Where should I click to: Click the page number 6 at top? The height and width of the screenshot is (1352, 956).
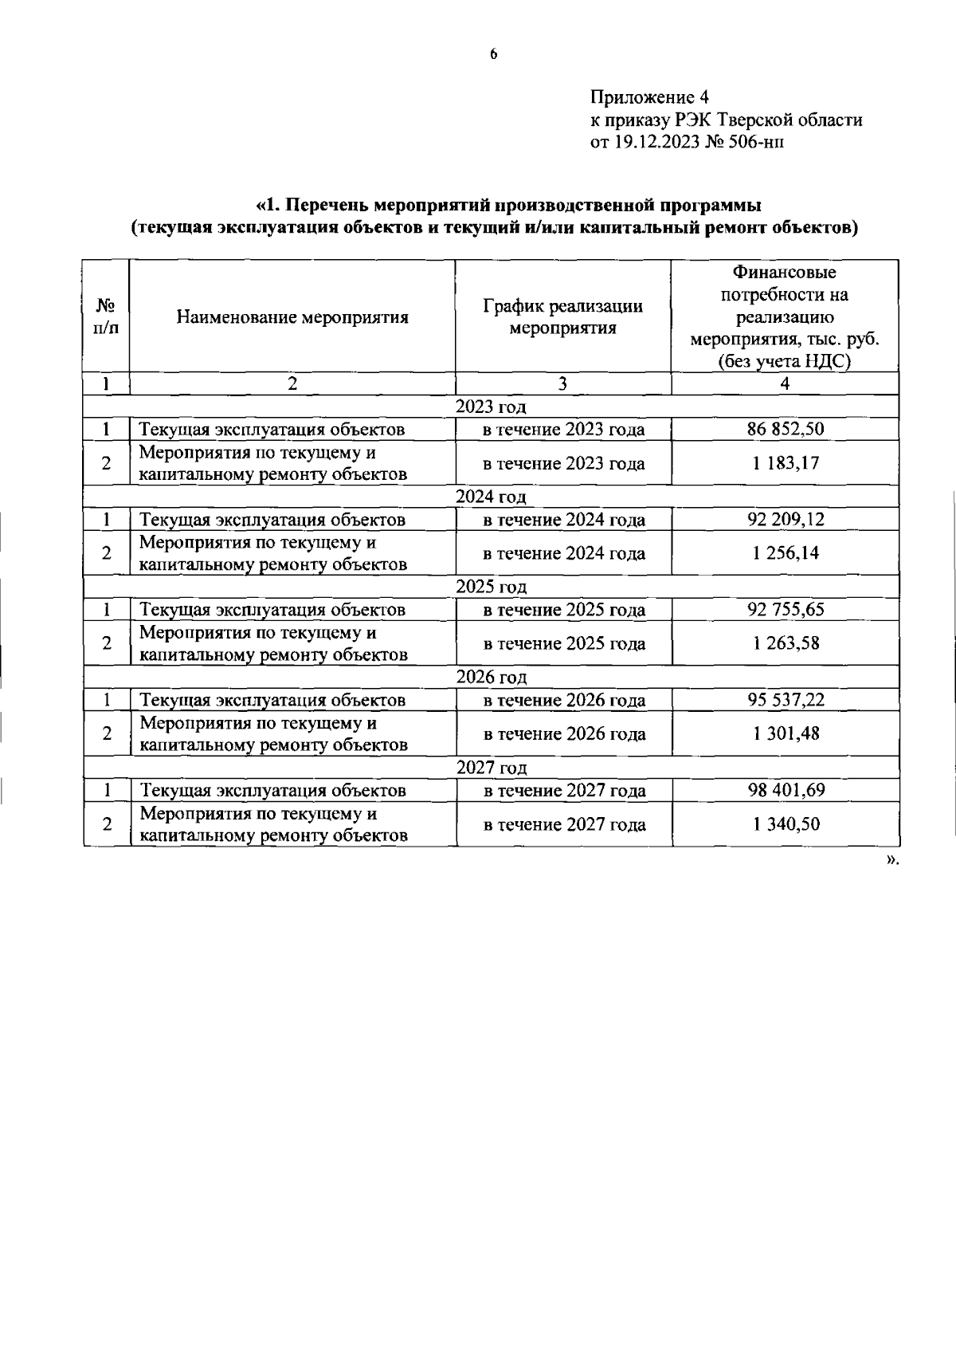click(x=493, y=54)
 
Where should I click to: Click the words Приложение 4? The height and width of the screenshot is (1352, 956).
click(x=648, y=98)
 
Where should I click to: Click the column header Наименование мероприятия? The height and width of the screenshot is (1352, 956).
click(x=292, y=317)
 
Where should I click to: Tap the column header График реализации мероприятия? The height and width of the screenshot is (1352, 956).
click(x=562, y=317)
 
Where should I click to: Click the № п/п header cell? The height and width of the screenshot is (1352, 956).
click(x=106, y=317)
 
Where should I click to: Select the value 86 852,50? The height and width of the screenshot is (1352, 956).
click(x=785, y=430)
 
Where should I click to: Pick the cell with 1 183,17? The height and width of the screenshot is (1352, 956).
click(x=785, y=464)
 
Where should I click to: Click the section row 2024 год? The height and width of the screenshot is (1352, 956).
click(x=491, y=497)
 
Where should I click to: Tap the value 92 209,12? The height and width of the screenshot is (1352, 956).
click(x=785, y=520)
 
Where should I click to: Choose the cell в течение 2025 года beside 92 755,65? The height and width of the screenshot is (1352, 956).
click(x=564, y=611)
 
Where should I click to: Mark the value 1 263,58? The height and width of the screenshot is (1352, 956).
click(x=785, y=644)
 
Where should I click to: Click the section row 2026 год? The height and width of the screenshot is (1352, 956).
click(x=491, y=678)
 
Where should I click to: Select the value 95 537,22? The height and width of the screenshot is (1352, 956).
click(x=785, y=701)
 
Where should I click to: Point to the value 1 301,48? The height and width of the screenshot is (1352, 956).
click(x=785, y=734)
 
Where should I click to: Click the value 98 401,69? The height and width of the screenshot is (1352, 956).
click(x=785, y=791)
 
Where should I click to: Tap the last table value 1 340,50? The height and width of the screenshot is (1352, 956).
click(x=785, y=824)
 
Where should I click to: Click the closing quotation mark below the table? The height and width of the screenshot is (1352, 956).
click(x=891, y=859)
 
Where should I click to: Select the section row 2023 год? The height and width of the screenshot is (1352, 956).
click(x=491, y=407)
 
